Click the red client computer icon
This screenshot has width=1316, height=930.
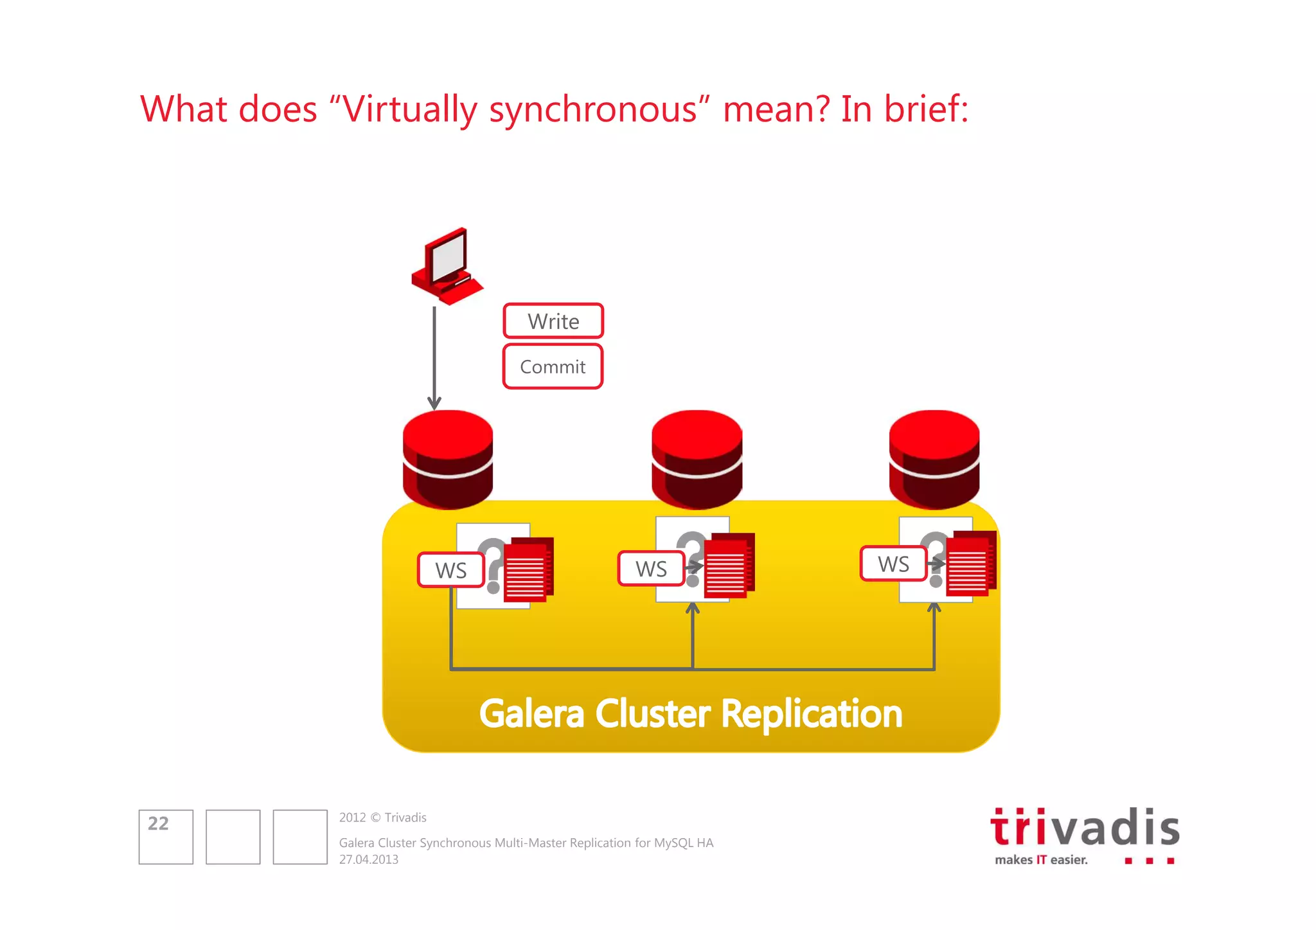point(447,265)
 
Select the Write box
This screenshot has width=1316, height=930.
point(553,321)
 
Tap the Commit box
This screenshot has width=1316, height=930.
point(553,366)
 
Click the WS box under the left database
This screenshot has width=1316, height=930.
point(451,570)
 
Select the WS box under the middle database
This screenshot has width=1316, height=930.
point(651,568)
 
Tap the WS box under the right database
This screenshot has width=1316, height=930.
point(893,564)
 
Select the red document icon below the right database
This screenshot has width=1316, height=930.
point(971,563)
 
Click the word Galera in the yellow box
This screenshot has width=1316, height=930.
point(531,714)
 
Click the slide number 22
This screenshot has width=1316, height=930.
point(158,823)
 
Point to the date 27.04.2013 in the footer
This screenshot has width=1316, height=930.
point(369,860)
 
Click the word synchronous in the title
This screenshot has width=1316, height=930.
point(593,109)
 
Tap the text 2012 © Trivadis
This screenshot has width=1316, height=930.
point(383,818)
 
